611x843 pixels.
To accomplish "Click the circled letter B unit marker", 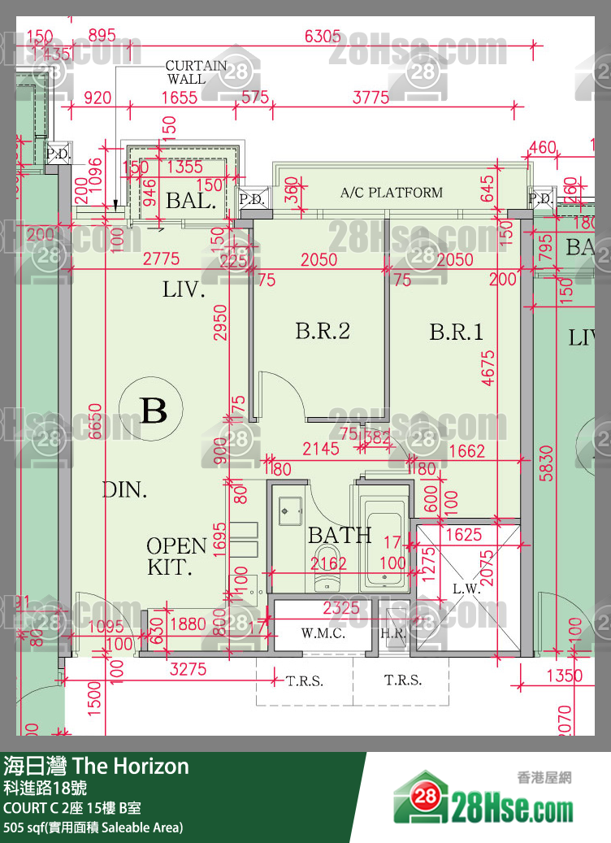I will (154, 410).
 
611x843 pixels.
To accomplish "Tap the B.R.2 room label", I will (322, 331).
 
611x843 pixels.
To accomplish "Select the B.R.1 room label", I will (456, 332).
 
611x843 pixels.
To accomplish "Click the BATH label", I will (340, 535).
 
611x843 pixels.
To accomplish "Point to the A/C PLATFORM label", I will (391, 193).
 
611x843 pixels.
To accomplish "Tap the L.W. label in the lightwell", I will (466, 589).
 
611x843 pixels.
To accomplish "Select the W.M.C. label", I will (323, 633).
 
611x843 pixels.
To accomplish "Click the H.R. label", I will (393, 633).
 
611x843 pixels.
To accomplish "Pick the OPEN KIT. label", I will (176, 556).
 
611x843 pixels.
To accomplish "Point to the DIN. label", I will (124, 489).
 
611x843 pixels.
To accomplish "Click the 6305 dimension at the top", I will (323, 36).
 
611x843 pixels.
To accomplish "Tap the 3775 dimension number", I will (370, 98).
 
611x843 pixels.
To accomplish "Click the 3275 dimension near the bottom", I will (188, 671).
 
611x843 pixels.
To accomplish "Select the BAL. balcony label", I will (191, 200).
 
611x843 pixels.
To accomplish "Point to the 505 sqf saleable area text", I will (93, 828).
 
